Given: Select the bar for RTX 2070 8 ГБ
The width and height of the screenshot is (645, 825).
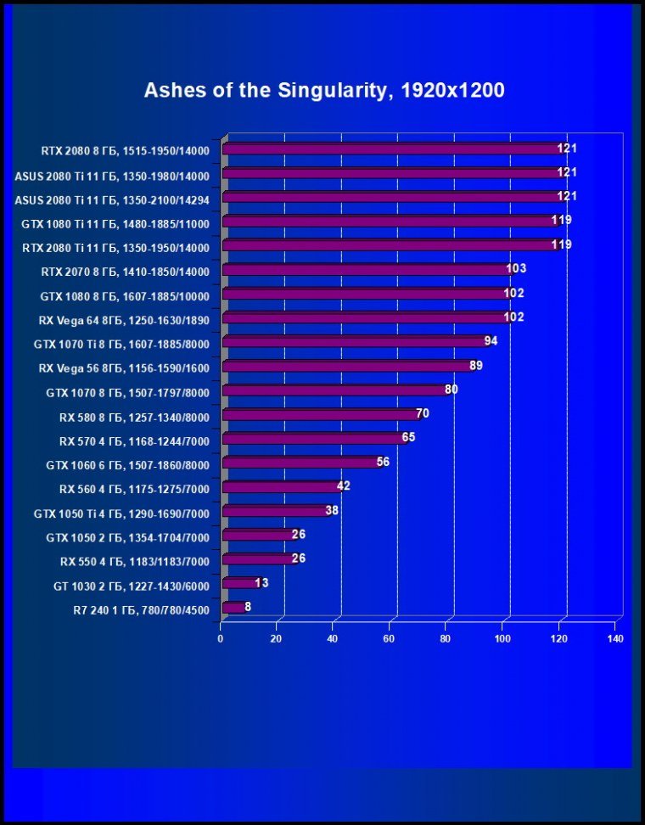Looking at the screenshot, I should (x=365, y=270).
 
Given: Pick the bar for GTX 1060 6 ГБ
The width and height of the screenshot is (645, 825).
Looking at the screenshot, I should (x=300, y=463).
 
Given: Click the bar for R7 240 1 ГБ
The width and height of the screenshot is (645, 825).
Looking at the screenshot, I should (x=233, y=608).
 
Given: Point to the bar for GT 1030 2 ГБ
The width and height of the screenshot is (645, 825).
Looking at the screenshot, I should (x=240, y=584).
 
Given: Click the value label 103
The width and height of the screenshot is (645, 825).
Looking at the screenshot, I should (x=516, y=269).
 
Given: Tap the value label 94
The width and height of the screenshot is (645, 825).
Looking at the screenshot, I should (x=491, y=341).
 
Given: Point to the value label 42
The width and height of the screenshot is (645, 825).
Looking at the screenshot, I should (x=343, y=486).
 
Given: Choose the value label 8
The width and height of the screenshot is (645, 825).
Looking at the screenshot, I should (x=248, y=607).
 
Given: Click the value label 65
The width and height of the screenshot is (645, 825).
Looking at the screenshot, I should (x=408, y=438).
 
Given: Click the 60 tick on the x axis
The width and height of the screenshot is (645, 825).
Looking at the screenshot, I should (x=390, y=638).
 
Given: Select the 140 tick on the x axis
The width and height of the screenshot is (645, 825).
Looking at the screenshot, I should (x=615, y=638).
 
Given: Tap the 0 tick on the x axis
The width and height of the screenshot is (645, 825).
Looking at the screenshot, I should (x=221, y=638).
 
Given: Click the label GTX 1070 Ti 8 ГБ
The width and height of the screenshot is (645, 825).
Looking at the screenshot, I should (x=121, y=345).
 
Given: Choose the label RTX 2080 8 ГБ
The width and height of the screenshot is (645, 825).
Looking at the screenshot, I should (x=125, y=152).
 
